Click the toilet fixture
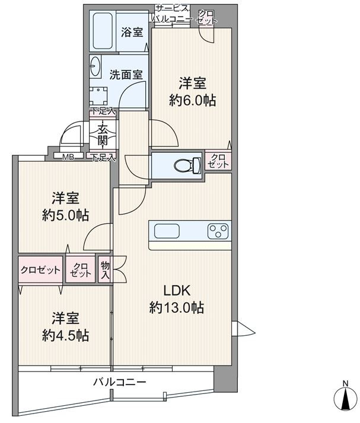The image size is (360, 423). [x=187, y=165]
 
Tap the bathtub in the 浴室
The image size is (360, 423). [x=103, y=31]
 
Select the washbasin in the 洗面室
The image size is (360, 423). [x=95, y=66]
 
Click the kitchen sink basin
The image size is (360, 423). [x=167, y=231]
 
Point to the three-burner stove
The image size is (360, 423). [x=218, y=231]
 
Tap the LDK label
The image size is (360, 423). [x=177, y=290]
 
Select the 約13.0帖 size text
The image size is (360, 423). [x=177, y=307]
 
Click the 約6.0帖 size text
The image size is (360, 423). [x=193, y=100]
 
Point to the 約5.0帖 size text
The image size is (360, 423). [x=65, y=215]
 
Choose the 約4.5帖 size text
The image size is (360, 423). [x=65, y=335]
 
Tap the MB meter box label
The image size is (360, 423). [x=68, y=157]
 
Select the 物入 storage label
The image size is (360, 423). [x=105, y=270]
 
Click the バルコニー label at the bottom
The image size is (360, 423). [x=120, y=382]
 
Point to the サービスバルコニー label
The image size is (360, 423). [x=172, y=14]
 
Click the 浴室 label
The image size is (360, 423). [x=132, y=32]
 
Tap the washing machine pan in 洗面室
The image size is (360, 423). [x=98, y=97]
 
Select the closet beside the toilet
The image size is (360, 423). [x=218, y=161]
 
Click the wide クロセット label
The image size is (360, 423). [x=40, y=270]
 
